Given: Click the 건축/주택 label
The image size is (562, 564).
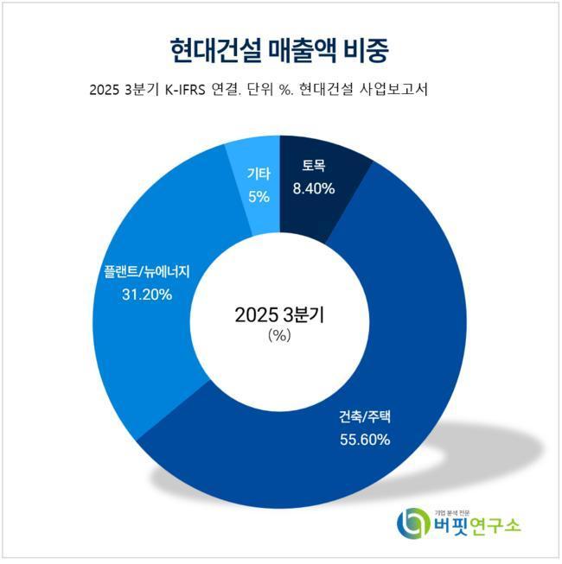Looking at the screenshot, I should click(365, 417).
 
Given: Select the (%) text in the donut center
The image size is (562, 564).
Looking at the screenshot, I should click(278, 337).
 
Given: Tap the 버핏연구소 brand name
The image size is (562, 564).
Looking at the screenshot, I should click(478, 526).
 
